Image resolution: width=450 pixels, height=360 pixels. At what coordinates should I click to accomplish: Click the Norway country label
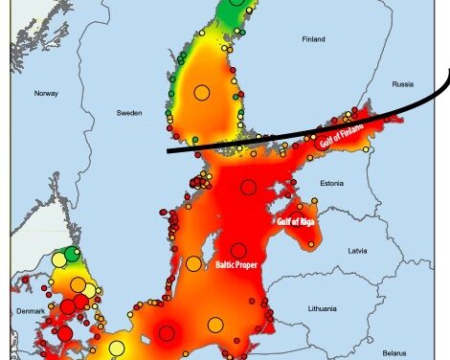tap(47, 93)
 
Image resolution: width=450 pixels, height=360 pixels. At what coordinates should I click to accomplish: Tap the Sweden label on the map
tap(129, 113)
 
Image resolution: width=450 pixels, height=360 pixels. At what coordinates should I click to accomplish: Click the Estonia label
tap(332, 183)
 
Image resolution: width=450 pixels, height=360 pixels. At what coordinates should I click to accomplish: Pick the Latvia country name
tap(358, 251)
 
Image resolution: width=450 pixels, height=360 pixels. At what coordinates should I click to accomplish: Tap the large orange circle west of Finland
tap(201, 93)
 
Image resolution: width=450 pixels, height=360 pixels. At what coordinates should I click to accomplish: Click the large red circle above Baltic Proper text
tap(237, 251)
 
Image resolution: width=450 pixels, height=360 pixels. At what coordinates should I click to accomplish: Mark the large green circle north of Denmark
tap(73, 257)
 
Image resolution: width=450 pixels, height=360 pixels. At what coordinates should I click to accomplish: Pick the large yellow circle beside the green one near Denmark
tap(59, 259)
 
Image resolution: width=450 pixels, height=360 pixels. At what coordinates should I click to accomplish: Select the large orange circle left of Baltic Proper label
tap(193, 263)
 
